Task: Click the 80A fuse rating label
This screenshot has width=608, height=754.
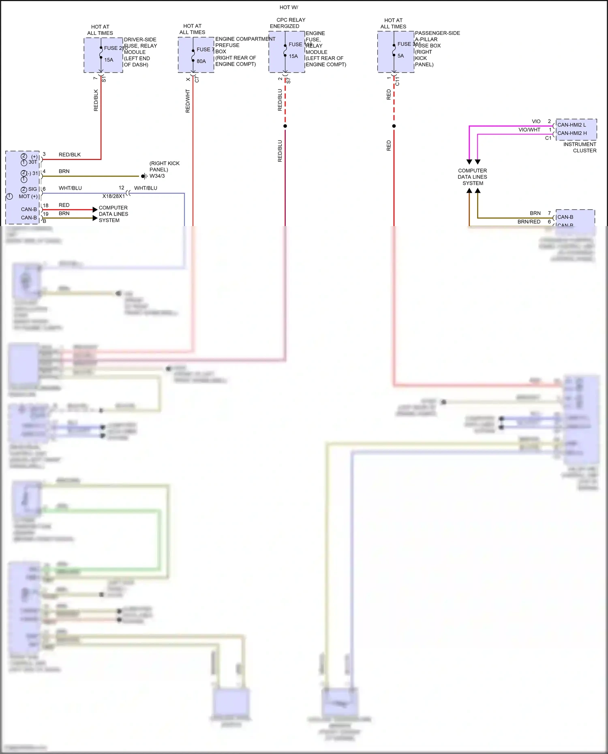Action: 201,61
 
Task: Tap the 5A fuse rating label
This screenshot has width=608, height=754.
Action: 400,56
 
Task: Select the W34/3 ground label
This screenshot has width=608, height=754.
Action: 157,176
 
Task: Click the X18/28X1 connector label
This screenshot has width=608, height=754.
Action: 113,196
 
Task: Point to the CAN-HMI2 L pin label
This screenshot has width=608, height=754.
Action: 572,125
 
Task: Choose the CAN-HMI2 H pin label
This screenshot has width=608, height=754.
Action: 572,133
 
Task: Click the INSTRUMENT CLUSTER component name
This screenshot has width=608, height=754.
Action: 580,147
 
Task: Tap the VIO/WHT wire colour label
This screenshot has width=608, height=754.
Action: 529,130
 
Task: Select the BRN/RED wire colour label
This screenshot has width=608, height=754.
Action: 529,222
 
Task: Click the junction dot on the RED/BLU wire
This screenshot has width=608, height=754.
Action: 285,126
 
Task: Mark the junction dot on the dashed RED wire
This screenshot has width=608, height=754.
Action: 394,126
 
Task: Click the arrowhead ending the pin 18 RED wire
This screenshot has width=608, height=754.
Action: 95,209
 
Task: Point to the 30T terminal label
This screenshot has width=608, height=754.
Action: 32,162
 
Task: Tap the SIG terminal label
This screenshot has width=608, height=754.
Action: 32,189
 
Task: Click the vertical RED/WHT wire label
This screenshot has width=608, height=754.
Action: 188,101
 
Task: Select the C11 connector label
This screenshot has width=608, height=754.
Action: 398,81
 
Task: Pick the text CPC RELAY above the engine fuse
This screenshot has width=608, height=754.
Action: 291,20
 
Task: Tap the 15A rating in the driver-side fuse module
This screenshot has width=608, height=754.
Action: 109,60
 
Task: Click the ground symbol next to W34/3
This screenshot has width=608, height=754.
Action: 143,176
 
